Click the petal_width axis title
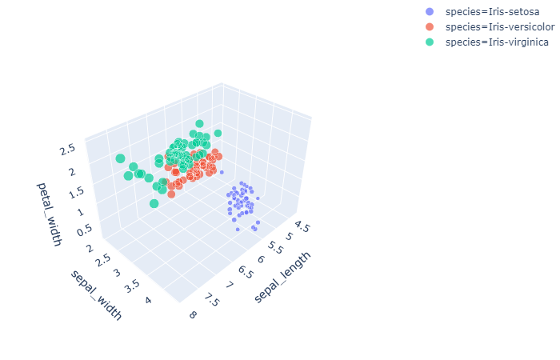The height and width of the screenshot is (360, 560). [x=48, y=214]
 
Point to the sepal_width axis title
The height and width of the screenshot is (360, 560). [x=97, y=294]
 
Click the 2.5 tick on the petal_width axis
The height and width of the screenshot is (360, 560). [x=67, y=149]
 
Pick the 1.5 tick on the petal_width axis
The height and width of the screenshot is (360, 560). [x=74, y=192]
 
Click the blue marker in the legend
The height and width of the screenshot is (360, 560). [x=430, y=12]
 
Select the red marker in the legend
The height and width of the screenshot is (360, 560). [x=430, y=26]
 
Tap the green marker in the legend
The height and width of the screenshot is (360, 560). [x=430, y=42]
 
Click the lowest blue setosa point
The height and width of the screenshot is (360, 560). [x=237, y=230]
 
